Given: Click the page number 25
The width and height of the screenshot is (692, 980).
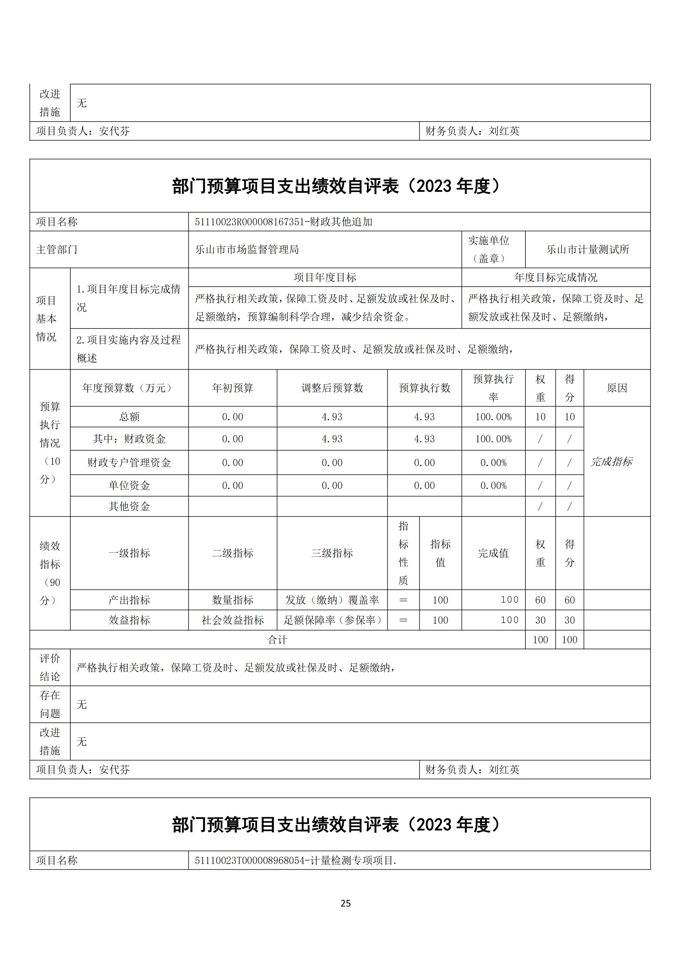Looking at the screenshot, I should (345, 903).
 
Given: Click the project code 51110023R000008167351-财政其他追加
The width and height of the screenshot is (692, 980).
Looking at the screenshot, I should (283, 222).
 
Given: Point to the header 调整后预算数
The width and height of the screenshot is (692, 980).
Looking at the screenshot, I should (332, 388).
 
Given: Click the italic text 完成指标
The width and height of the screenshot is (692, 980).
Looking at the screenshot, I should (611, 462).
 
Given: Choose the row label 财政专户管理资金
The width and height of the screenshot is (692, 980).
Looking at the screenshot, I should (129, 463).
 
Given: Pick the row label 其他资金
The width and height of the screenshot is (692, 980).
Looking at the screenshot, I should (129, 507).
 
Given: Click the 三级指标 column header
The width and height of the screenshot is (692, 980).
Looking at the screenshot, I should (332, 553).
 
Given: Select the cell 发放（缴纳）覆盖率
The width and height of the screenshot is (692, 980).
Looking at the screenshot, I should (332, 600).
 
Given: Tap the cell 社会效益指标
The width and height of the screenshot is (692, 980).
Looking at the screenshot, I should (233, 620).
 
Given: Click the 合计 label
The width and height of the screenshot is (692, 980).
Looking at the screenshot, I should (277, 640).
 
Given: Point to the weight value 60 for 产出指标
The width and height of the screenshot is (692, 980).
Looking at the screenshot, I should (540, 600).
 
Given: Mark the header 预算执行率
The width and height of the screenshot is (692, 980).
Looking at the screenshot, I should (493, 388).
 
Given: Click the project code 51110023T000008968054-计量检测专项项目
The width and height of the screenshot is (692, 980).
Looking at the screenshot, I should (295, 860).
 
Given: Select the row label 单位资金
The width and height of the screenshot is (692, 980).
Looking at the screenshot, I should (129, 486).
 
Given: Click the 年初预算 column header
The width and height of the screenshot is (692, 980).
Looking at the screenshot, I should (233, 388).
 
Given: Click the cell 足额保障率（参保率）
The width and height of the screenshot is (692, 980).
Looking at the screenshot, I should (332, 620).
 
